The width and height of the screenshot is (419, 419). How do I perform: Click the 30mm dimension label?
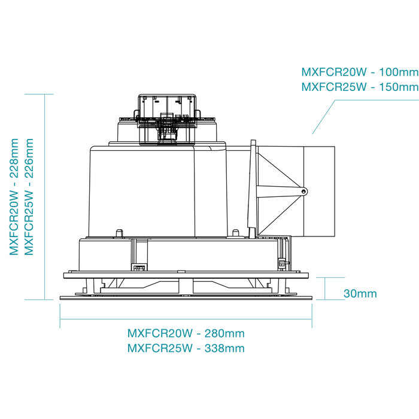tap(360, 294)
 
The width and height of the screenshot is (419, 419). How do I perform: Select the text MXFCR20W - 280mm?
tap(186, 333)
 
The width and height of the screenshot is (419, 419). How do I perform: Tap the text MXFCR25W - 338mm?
tap(186, 348)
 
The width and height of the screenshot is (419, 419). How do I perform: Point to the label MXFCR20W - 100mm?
tap(360, 72)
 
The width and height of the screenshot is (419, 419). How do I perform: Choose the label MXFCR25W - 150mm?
tap(360, 87)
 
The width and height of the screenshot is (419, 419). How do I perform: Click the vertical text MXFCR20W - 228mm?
tap(14, 197)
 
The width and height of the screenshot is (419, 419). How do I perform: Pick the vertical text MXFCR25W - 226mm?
tap(29, 197)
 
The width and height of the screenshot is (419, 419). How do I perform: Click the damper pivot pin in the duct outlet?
tap(304, 192)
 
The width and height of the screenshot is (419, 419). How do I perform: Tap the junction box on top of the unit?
tap(167, 120)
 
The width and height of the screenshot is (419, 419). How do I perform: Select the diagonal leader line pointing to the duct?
tap(324, 117)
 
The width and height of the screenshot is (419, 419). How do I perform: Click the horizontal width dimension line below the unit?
tap(186, 319)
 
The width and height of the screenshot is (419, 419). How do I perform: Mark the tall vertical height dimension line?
tap(45, 197)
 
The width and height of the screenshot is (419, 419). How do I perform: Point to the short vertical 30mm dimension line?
tap(324, 289)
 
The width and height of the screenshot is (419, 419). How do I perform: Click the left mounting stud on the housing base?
tap(119, 233)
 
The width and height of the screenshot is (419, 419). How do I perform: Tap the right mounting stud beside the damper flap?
tap(235, 233)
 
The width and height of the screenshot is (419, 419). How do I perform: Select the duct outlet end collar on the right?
tap(319, 192)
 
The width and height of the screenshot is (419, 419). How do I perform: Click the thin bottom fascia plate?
tap(186, 297)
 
